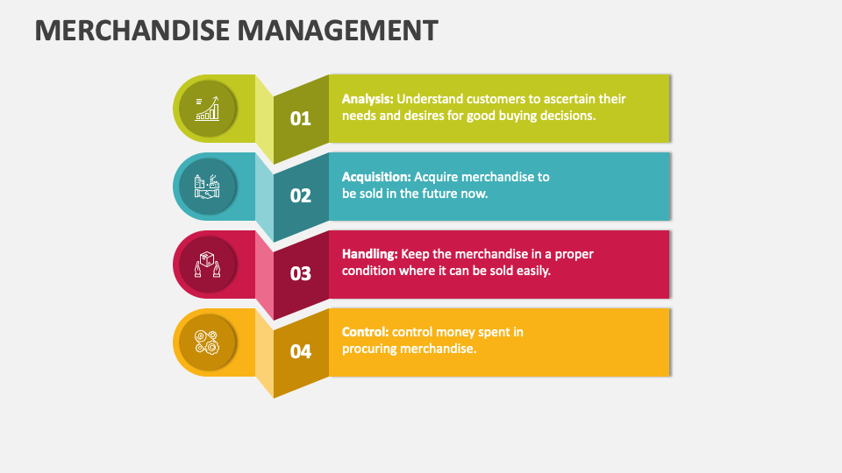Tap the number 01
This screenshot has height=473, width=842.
301,118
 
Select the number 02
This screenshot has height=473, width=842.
301,195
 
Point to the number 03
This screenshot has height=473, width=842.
301,273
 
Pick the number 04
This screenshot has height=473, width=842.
301,351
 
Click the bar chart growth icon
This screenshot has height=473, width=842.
207,109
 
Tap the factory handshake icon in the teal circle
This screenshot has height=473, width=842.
207,187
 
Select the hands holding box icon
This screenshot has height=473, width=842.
207,265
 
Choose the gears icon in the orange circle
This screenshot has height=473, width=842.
207,342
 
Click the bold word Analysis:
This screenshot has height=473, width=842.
367,99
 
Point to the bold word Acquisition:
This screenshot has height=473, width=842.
375,177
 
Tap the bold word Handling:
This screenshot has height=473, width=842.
370,254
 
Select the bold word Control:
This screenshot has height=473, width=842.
365,332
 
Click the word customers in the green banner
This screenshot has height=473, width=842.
495,99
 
